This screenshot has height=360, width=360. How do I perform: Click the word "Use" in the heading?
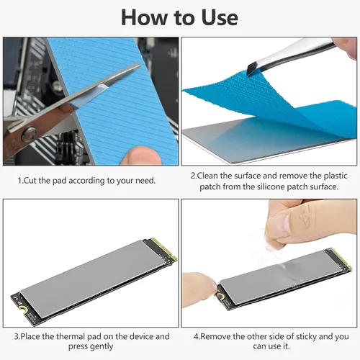[220, 17]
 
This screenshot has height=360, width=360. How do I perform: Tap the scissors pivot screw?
[29, 135]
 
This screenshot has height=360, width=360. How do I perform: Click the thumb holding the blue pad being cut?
[141, 156]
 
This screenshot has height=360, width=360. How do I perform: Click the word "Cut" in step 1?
[30, 180]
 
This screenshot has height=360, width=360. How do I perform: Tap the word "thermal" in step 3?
[71, 336]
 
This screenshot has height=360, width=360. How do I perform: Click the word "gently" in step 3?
[102, 347]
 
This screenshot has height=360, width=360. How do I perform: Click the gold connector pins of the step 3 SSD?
[166, 249]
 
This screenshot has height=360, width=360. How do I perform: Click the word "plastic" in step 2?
[336, 176]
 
